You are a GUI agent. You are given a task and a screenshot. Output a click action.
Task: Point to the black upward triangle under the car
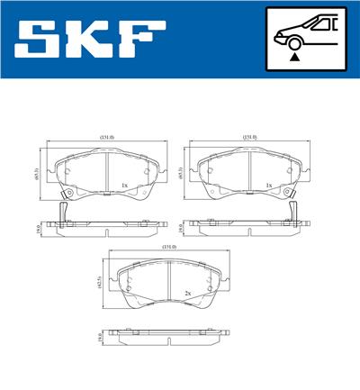click(293, 56)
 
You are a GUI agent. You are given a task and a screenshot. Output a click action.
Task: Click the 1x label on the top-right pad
click(267, 186)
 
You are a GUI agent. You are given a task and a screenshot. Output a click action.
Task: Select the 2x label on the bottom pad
click(187, 293)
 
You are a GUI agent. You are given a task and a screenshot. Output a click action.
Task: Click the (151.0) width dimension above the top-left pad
click(107, 137)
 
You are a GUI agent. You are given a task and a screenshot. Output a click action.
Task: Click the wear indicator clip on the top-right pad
click(293, 207)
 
